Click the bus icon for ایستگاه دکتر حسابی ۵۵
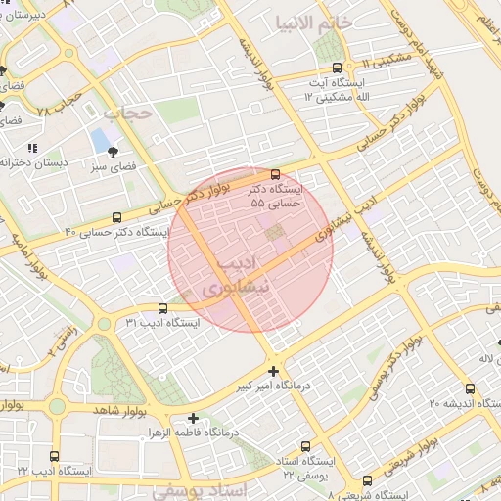(274, 175)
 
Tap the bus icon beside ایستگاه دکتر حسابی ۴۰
(117, 217)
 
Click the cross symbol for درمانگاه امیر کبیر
(273, 371)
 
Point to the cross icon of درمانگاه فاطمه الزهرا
(193, 418)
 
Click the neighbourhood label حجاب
(128, 114)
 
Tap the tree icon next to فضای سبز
(114, 152)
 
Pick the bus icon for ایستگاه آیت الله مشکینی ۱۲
(338, 68)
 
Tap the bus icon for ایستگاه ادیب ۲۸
(54, 456)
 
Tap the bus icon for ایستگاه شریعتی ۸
(367, 480)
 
